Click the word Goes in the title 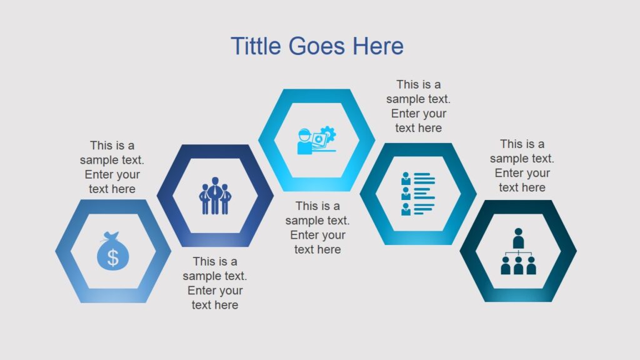tap(316, 46)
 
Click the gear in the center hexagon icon tap(327, 134)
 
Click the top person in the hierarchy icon tap(518, 238)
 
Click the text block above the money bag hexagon tap(112, 167)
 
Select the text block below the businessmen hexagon tap(214, 283)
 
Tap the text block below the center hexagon tap(317, 227)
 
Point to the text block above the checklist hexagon tap(418, 106)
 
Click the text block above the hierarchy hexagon tap(522, 166)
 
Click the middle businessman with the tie tap(214, 195)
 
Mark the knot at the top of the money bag tap(112, 236)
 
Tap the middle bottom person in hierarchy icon tap(518, 266)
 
